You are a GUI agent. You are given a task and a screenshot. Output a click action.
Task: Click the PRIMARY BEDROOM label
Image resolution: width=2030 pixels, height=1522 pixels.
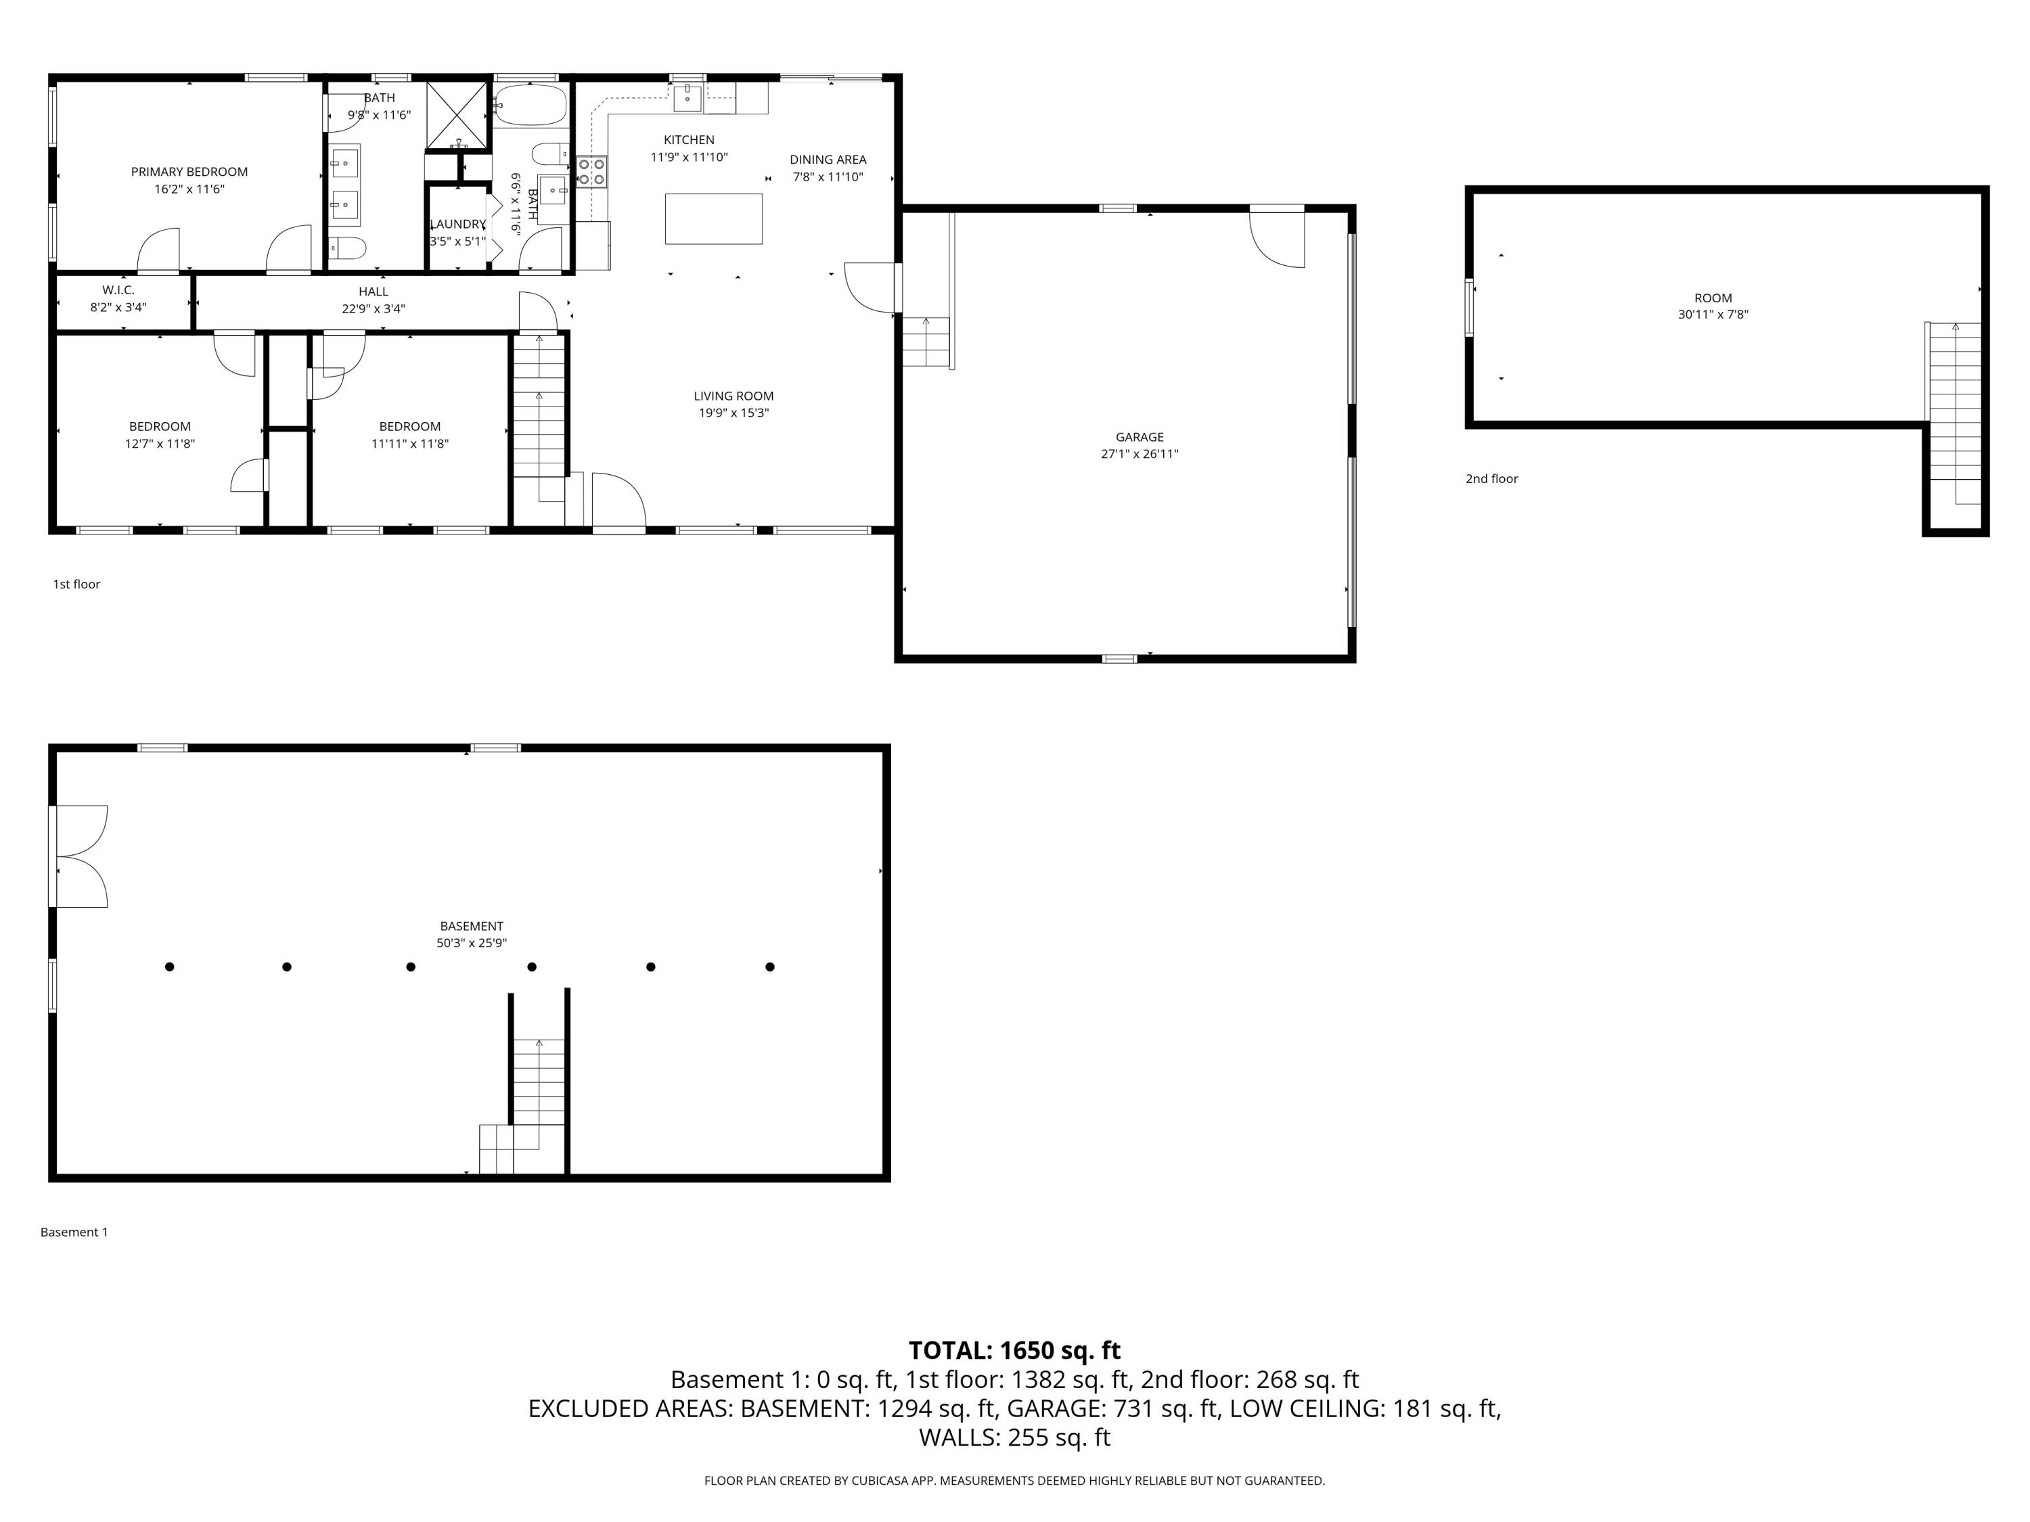coord(189,172)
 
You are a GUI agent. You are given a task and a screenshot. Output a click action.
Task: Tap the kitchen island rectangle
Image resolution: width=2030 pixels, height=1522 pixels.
coord(713,218)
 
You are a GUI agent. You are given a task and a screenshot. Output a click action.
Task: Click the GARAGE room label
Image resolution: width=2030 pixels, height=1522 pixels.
coord(1139,437)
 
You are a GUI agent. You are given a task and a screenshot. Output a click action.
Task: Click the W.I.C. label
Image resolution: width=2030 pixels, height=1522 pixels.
coord(118,290)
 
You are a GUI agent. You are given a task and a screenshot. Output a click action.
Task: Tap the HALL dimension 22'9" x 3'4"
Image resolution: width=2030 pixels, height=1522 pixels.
coord(373,309)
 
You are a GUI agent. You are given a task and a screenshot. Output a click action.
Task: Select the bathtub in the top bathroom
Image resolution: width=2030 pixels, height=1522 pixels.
coord(531,106)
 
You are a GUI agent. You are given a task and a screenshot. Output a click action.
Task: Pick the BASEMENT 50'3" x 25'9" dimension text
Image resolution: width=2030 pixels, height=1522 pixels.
coord(471,942)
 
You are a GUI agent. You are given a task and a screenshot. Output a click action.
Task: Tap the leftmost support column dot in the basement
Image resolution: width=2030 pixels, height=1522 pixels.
coord(170,966)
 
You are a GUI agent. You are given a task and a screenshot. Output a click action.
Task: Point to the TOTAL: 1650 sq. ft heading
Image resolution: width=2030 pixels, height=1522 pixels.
coord(1014,1350)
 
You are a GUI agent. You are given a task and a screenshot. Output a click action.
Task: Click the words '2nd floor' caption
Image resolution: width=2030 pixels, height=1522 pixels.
coord(1491,479)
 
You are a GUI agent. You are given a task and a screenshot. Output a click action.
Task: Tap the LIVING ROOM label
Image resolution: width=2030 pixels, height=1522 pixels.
coord(734,396)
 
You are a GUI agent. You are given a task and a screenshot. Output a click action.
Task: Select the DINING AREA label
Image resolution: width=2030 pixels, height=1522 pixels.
coord(828,160)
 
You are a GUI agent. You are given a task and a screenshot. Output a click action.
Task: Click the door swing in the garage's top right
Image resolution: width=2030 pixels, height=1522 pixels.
coord(1278,239)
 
